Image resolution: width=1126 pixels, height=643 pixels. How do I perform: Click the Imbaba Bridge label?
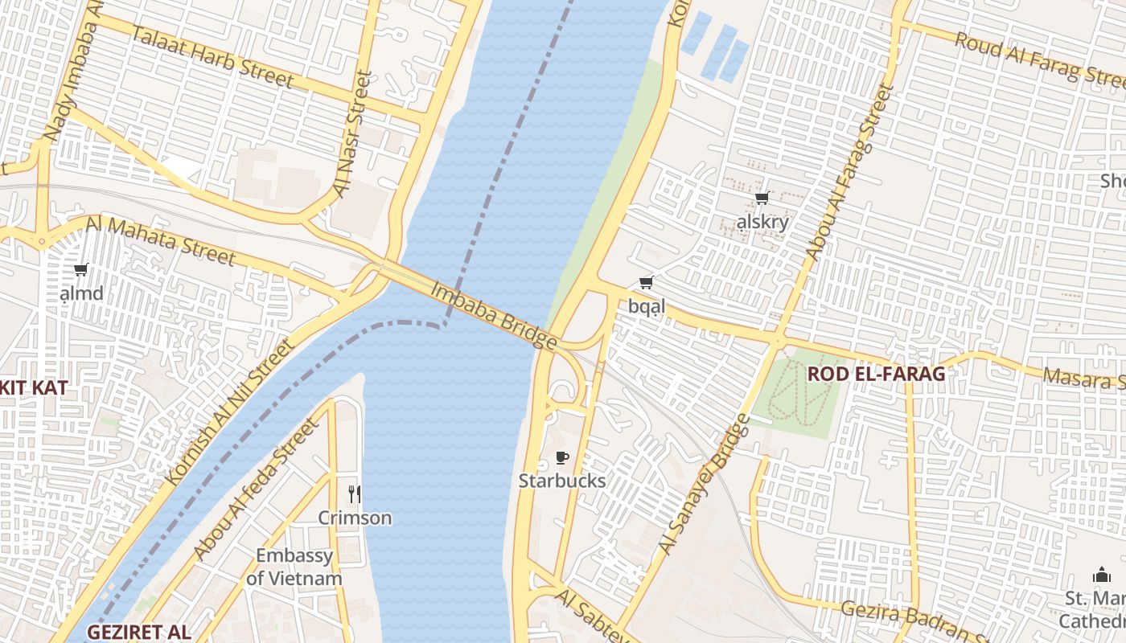[x=494, y=316]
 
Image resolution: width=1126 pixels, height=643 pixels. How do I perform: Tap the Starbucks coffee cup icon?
[x=562, y=458]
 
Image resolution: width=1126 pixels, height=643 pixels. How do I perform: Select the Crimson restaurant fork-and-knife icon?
[x=354, y=494]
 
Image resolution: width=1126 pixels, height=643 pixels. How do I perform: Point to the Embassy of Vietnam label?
[x=294, y=567]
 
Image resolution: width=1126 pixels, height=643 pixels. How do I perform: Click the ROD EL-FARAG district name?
[x=876, y=374]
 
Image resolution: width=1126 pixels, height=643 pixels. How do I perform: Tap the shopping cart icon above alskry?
[x=762, y=199]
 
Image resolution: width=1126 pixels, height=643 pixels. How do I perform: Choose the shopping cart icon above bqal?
[x=646, y=282]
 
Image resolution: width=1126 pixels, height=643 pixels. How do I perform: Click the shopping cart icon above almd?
[x=80, y=270]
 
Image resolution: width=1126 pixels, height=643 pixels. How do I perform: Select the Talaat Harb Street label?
[x=212, y=56]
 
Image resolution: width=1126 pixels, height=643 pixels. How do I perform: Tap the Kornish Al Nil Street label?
[x=231, y=412]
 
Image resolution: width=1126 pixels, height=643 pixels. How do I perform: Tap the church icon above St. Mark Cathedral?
[x=1101, y=575]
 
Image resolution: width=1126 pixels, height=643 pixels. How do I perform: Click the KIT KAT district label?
[x=34, y=387]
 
